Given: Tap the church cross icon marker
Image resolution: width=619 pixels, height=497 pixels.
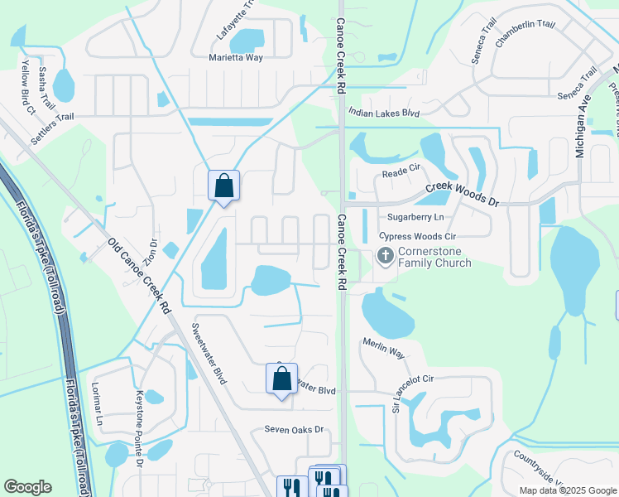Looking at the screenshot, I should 385,256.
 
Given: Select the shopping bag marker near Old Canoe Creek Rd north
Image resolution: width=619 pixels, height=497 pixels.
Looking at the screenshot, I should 224,186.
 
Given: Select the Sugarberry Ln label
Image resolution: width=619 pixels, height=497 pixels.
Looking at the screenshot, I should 416,217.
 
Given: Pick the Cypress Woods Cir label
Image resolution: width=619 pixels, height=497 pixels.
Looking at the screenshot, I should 418,236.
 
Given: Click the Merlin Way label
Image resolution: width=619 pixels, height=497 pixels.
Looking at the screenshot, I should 383,347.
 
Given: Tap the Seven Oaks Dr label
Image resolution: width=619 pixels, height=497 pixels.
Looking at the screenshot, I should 293,430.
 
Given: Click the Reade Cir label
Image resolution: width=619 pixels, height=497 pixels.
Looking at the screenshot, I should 403,174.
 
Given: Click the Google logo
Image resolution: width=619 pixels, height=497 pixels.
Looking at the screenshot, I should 27,487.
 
